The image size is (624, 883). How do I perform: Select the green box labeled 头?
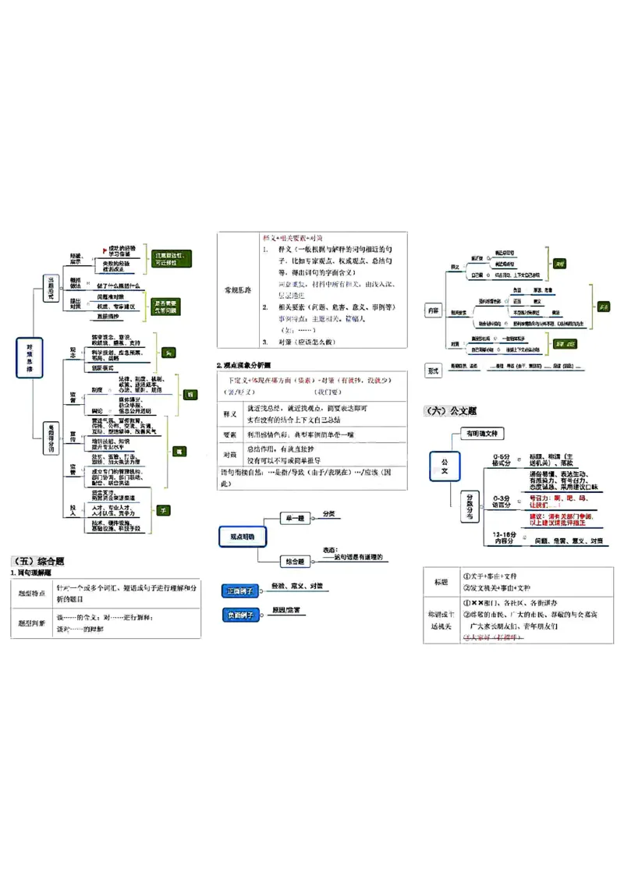(168, 353)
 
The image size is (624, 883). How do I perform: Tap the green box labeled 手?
(163, 510)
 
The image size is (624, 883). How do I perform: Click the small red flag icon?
(105, 250)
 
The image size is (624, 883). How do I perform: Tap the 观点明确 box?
(241, 537)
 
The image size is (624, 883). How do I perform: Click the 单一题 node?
(294, 517)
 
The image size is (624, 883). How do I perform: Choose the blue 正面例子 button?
(239, 590)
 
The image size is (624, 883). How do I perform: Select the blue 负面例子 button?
(239, 615)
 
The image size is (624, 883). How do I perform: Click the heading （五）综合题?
(38, 561)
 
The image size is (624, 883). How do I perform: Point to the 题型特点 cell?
(32, 594)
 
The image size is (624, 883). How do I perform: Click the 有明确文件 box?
(485, 433)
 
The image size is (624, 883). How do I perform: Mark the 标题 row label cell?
(441, 582)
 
